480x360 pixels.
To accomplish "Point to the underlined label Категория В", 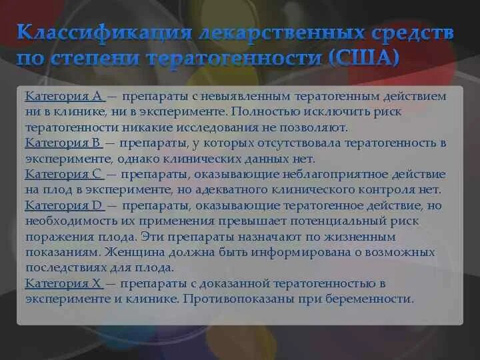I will [63, 143].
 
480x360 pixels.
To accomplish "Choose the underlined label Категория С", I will [63, 173].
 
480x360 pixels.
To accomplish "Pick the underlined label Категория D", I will [63, 205].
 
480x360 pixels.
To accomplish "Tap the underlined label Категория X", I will [63, 283].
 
